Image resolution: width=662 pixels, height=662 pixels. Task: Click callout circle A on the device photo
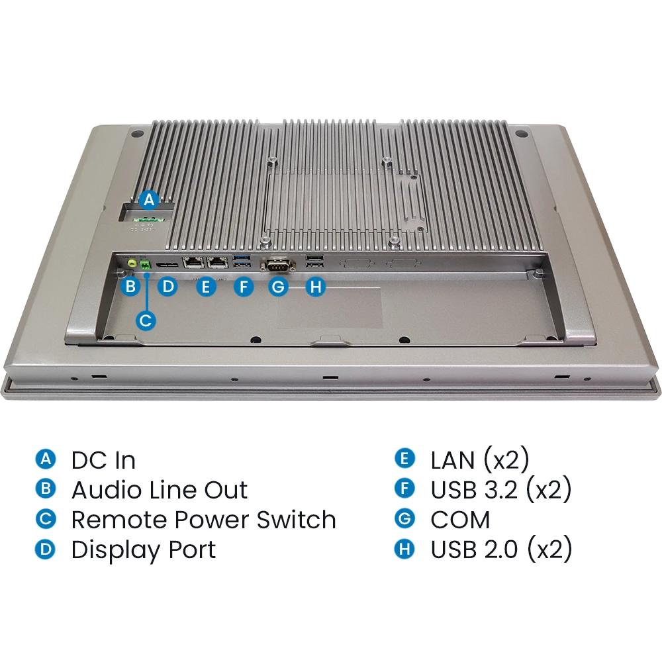(x=150, y=199)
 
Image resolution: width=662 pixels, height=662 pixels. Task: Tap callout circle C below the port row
(x=146, y=320)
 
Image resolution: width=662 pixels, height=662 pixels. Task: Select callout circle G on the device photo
(x=279, y=287)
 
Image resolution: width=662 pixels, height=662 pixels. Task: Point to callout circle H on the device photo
(x=316, y=287)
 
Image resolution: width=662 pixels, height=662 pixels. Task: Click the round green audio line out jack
(x=132, y=263)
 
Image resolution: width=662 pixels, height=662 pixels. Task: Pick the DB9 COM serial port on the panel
(x=278, y=265)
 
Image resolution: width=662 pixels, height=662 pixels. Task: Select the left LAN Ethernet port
(x=193, y=263)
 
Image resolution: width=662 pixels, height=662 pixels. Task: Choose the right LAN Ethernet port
(x=217, y=263)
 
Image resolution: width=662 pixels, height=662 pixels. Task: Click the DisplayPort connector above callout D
(x=167, y=265)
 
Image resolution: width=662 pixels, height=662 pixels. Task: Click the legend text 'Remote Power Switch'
(x=203, y=520)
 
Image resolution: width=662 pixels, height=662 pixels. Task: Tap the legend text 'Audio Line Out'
(x=159, y=490)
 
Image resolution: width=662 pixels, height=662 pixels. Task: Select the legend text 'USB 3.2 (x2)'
(x=500, y=490)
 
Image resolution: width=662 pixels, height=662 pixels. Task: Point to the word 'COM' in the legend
(x=460, y=520)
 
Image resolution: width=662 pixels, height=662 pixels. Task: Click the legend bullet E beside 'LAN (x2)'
(x=404, y=459)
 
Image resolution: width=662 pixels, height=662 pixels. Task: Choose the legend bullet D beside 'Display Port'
(x=45, y=549)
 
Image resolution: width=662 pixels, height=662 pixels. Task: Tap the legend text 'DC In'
(x=103, y=460)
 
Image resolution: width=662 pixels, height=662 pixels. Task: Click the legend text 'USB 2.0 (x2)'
(x=501, y=549)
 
